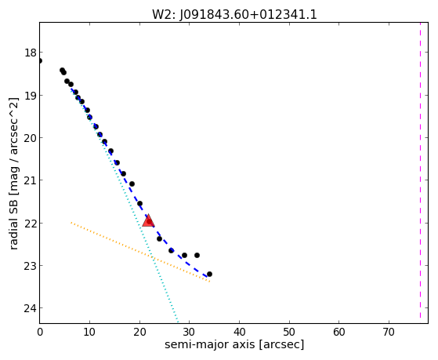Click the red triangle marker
(148, 220)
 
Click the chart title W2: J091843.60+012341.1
(234, 15)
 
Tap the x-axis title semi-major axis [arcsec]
(234, 344)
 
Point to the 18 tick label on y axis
(31, 53)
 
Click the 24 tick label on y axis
(31, 308)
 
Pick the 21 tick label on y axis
(31, 180)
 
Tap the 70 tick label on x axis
(389, 333)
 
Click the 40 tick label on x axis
(239, 333)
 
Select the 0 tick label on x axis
(40, 333)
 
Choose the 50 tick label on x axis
(289, 333)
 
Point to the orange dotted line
(140, 252)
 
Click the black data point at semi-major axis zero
(40, 60)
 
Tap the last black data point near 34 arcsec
(209, 275)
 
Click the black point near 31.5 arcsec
(197, 255)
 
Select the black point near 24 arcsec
(160, 239)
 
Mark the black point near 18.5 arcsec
(132, 184)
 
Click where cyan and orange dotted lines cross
(153, 257)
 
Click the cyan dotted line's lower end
(178, 322)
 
